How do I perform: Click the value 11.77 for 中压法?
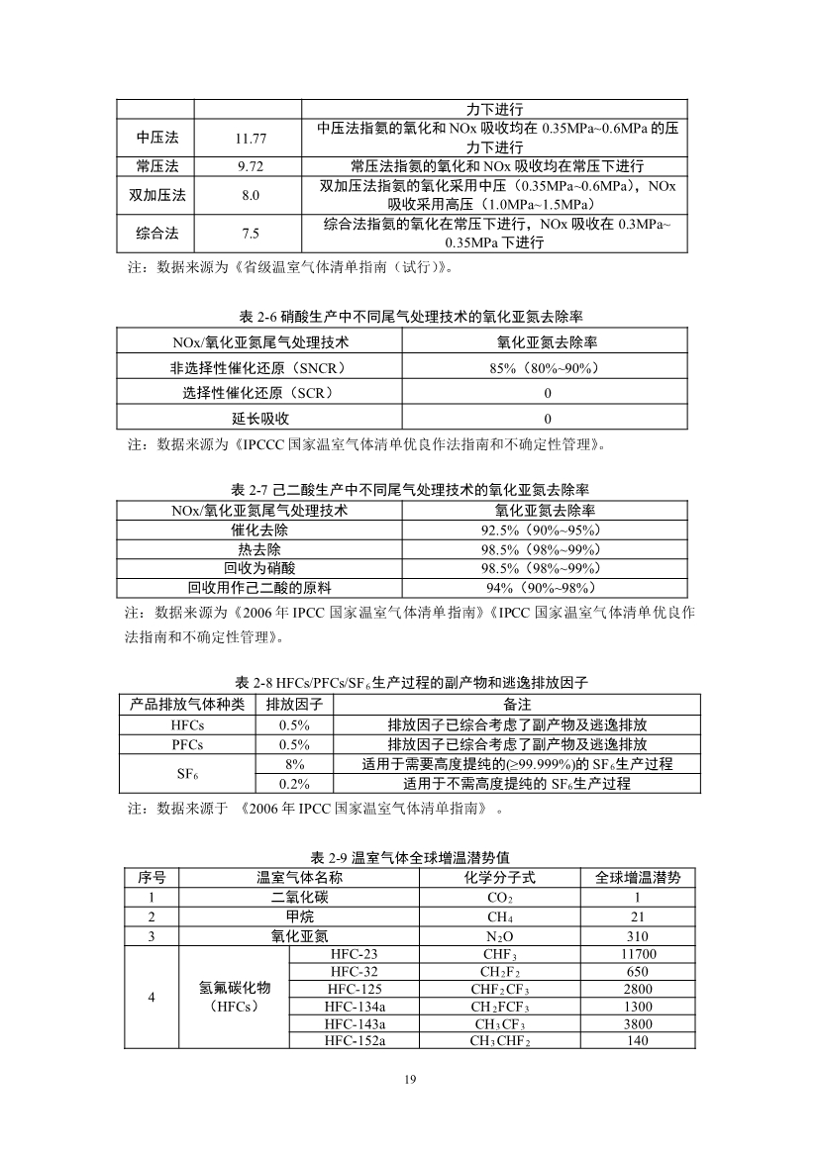pyautogui.click(x=250, y=139)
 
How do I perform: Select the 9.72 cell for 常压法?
pyautogui.click(x=250, y=165)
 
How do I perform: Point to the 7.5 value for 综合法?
pyautogui.click(x=250, y=234)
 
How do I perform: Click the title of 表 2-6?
pyautogui.click(x=410, y=317)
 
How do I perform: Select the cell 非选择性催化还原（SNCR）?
pyautogui.click(x=260, y=368)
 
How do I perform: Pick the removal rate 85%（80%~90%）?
pyautogui.click(x=548, y=368)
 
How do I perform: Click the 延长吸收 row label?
pyautogui.click(x=260, y=419)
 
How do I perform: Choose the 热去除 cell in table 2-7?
pyautogui.click(x=259, y=549)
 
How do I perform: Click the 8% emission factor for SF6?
pyautogui.click(x=294, y=764)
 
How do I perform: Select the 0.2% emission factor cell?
pyautogui.click(x=294, y=783)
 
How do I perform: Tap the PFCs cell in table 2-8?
pyautogui.click(x=187, y=744)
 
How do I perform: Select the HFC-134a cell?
pyautogui.click(x=355, y=1007)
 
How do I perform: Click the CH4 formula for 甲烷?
pyautogui.click(x=499, y=917)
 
